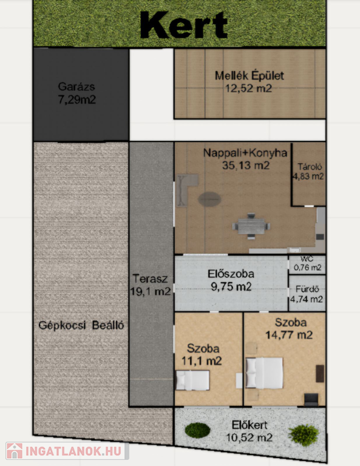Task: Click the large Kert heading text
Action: click(184, 25)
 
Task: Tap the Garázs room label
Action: click(76, 87)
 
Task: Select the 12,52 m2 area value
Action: click(248, 88)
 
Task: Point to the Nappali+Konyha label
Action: click(245, 153)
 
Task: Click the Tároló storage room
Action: click(309, 174)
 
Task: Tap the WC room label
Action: click(307, 259)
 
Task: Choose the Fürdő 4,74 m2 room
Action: click(307, 294)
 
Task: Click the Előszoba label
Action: click(231, 274)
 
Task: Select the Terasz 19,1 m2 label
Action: click(151, 285)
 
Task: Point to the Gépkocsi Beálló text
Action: click(81, 325)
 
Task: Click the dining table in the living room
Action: click(251, 226)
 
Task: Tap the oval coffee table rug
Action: click(210, 199)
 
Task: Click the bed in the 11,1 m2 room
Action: click(192, 380)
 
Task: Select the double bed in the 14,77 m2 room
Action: click(264, 373)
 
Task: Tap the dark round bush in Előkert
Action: click(198, 430)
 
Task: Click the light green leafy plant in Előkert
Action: click(304, 435)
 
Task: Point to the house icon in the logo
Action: click(15, 451)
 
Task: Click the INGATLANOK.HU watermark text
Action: click(73, 451)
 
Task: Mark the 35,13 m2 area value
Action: click(246, 165)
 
